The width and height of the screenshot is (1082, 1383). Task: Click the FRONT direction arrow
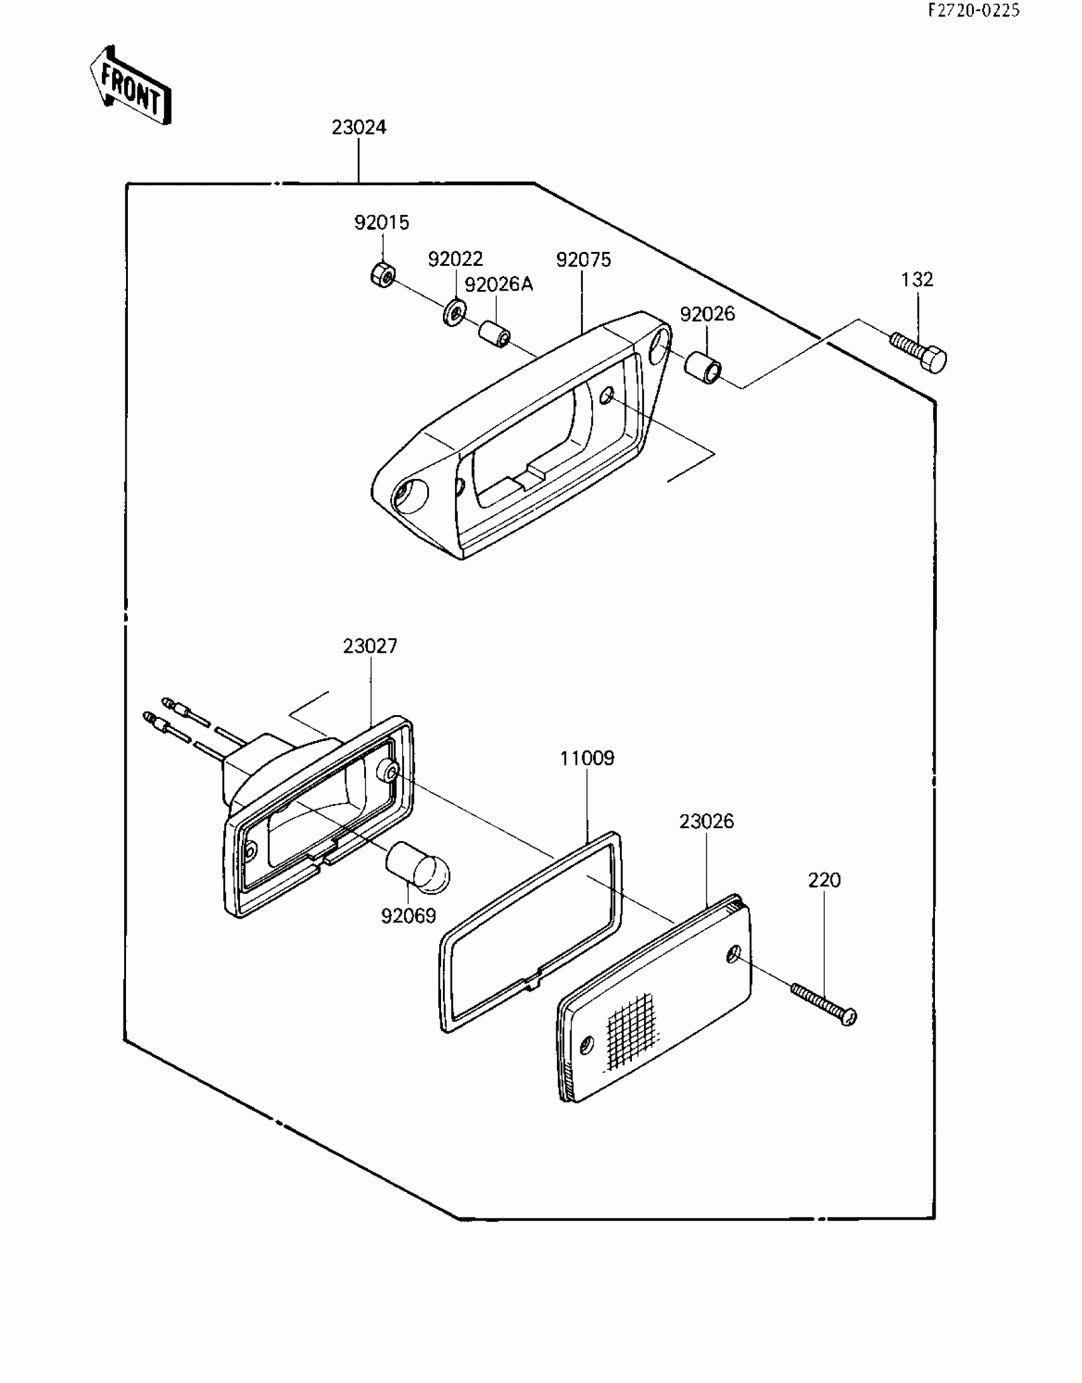[x=130, y=86]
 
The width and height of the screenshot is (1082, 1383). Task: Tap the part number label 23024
[x=359, y=128]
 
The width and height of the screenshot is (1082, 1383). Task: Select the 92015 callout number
[x=382, y=223]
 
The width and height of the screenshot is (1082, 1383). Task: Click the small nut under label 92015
[x=383, y=274]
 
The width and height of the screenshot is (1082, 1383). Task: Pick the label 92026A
[x=499, y=285]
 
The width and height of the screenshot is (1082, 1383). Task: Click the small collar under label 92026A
[x=496, y=334]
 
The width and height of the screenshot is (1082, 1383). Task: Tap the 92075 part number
[x=583, y=260]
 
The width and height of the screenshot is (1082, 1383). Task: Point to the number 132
[x=917, y=279]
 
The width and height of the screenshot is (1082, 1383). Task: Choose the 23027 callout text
[x=370, y=646]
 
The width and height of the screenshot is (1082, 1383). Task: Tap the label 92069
[x=409, y=915]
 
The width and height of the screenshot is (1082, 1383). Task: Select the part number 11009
[x=587, y=758]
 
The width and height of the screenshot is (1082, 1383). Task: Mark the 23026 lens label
[x=706, y=821]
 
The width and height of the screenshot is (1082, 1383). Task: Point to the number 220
[x=824, y=880]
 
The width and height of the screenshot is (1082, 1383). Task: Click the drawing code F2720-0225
[x=974, y=10]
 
